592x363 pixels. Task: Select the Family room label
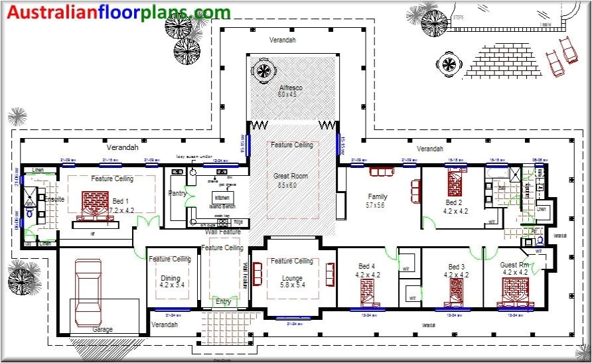378,196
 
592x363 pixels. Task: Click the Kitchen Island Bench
221,199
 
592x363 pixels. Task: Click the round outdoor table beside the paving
449,65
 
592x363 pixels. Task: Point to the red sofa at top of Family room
382,172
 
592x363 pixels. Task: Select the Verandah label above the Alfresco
282,40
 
